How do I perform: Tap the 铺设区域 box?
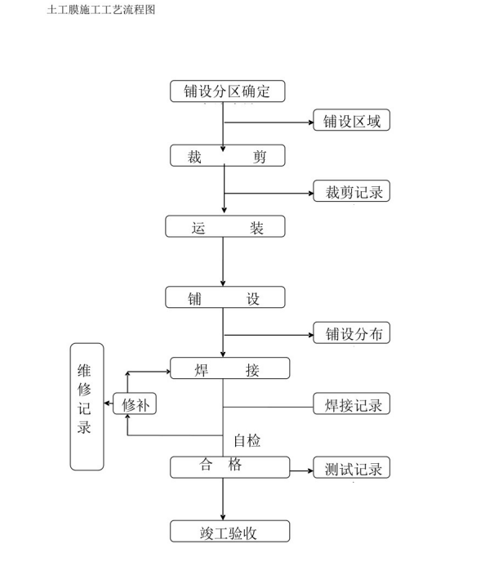point(352,122)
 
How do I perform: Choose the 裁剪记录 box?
point(352,192)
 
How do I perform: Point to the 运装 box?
point(226,227)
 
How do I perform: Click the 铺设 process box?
point(226,297)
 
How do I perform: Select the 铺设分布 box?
point(352,332)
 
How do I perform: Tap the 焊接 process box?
point(229,369)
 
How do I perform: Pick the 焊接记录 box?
point(352,403)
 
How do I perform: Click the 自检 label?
point(247,440)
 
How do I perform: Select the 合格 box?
point(229,467)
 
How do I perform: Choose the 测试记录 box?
point(352,468)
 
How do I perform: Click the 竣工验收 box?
point(229,532)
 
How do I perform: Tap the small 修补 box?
point(135,403)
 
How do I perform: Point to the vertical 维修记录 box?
point(87,406)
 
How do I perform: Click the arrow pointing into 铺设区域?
point(269,123)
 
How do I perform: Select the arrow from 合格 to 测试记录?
point(301,469)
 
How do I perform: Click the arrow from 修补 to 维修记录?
point(109,403)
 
